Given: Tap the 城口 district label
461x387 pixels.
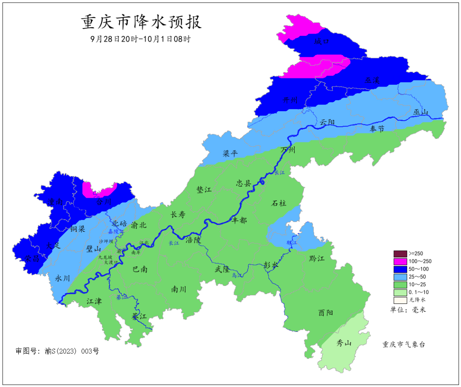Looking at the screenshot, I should pyautogui.click(x=321, y=41).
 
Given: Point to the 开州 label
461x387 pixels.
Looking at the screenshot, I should pyautogui.click(x=291, y=100).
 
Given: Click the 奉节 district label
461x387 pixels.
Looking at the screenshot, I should pyautogui.click(x=377, y=129).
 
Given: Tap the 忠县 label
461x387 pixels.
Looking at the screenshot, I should pyautogui.click(x=245, y=183).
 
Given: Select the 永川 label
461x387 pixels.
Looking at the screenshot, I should pyautogui.click(x=63, y=278).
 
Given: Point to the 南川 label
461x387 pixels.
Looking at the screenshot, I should pyautogui.click(x=178, y=289).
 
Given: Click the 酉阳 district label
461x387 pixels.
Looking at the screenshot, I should pyautogui.click(x=326, y=312).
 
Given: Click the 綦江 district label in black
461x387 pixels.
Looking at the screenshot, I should pyautogui.click(x=139, y=317).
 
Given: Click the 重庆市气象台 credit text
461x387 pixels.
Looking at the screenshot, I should pyautogui.click(x=404, y=344).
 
